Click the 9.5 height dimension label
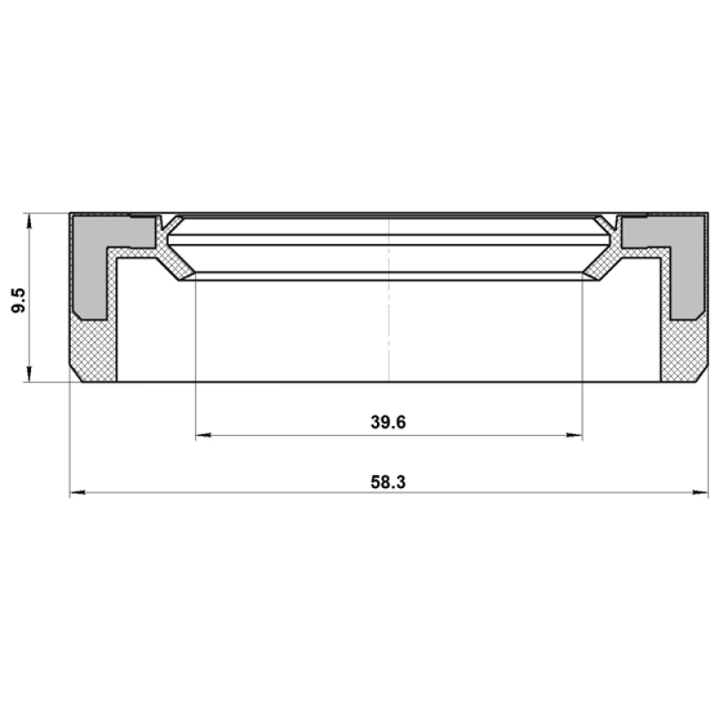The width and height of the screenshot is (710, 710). click(x=20, y=300)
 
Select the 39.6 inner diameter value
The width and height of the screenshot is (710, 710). click(x=388, y=422)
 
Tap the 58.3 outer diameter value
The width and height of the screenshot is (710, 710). click(x=388, y=482)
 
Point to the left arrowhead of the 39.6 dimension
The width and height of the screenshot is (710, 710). click(x=203, y=435)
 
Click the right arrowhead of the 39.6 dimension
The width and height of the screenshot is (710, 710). click(x=574, y=435)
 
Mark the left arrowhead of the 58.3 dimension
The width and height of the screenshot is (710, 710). click(x=77, y=493)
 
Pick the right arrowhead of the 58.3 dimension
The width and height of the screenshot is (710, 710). click(x=700, y=493)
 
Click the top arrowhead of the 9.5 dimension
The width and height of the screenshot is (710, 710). click(x=29, y=220)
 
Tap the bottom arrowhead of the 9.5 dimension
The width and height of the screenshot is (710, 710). click(x=29, y=374)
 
